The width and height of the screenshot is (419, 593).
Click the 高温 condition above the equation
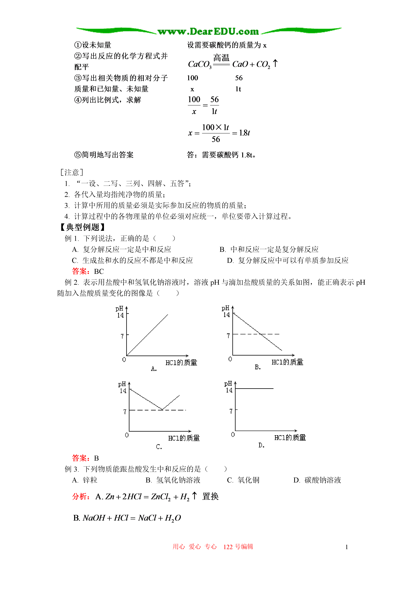pyautogui.click(x=221, y=57)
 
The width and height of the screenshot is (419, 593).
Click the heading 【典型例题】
pyautogui.click(x=83, y=227)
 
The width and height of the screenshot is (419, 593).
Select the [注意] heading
pyautogui.click(x=72, y=172)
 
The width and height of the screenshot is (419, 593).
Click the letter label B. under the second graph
pyautogui.click(x=258, y=367)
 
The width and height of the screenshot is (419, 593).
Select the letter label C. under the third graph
pyautogui.click(x=159, y=447)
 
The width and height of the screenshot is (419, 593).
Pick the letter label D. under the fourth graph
pyautogui.click(x=261, y=445)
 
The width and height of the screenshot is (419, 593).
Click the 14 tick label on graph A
pyautogui.click(x=120, y=315)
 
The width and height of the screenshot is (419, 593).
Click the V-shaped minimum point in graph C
pyautogui.click(x=162, y=410)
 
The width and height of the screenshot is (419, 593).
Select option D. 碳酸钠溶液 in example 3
pyautogui.click(x=317, y=480)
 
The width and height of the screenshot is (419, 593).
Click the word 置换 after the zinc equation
pyautogui.click(x=210, y=496)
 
